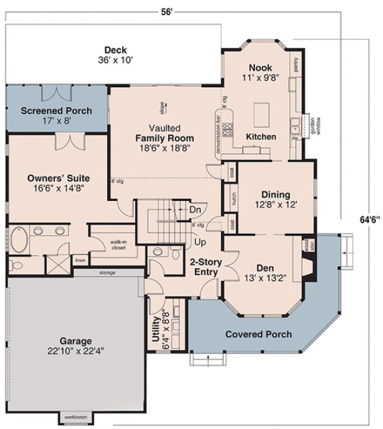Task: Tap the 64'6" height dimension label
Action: point(370,218)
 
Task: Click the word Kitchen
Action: point(261,137)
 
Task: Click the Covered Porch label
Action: point(258,334)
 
